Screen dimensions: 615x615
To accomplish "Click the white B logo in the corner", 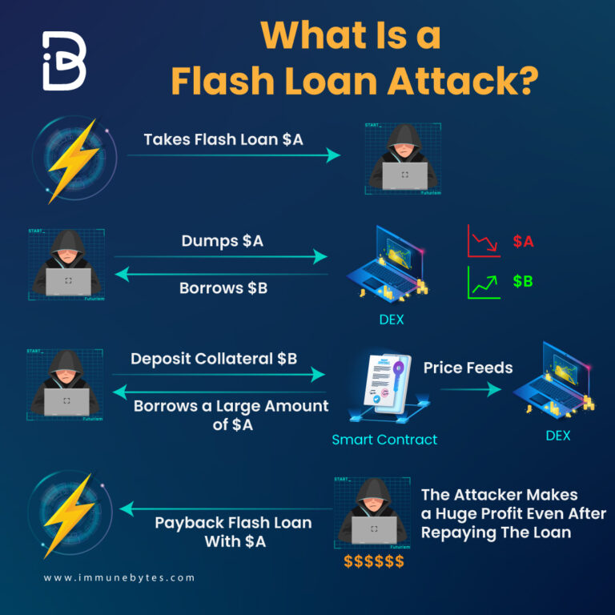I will pyautogui.click(x=64, y=61).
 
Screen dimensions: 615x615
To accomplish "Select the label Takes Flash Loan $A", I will pyautogui.click(x=223, y=139).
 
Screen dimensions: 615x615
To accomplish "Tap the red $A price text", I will pyautogui.click(x=525, y=241).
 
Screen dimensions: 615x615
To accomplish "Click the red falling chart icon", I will pyautogui.click(x=484, y=241).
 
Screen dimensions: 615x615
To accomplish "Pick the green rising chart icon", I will pyautogui.click(x=484, y=283).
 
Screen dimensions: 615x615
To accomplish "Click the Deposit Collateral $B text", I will pyautogui.click(x=214, y=358).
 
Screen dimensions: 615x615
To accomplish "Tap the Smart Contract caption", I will pyautogui.click(x=384, y=439).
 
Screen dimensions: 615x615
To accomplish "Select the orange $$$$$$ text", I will pyautogui.click(x=374, y=561).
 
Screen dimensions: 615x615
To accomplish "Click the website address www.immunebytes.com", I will pyautogui.click(x=119, y=577).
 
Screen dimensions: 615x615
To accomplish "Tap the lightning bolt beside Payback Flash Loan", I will pyautogui.click(x=70, y=512).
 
